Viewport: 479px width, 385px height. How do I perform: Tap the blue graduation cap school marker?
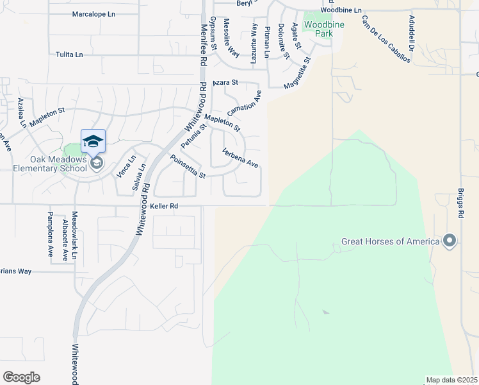click(93, 141)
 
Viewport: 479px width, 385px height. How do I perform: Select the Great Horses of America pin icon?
click(450, 241)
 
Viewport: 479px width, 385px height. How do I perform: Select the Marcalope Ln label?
click(93, 13)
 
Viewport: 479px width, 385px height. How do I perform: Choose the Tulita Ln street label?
click(69, 55)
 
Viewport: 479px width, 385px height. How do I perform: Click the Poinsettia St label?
click(188, 167)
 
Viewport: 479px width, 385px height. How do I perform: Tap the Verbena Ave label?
click(239, 158)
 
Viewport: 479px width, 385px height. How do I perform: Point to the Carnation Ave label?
click(244, 103)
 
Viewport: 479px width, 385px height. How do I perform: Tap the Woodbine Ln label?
click(341, 11)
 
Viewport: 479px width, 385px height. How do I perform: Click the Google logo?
click(21, 377)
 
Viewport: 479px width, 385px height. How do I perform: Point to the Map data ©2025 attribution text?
click(451, 380)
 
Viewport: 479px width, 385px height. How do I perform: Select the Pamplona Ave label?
click(51, 234)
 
